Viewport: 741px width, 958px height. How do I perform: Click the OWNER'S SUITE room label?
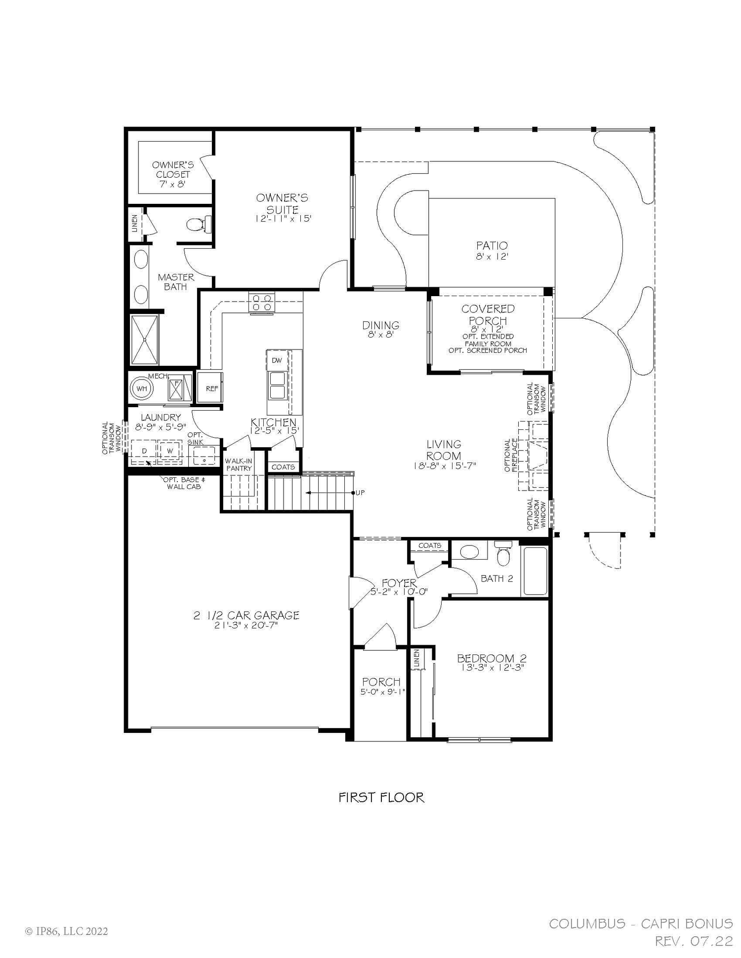point(282,203)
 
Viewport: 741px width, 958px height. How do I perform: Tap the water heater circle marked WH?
point(142,388)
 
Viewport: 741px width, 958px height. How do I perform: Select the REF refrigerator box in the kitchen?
point(211,388)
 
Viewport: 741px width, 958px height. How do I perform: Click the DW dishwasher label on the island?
point(277,360)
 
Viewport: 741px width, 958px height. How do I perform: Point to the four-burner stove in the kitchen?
point(262,302)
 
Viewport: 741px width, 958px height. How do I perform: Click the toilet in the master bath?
point(198,225)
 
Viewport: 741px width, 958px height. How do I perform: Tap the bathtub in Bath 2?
point(535,572)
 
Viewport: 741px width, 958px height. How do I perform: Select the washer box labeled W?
point(170,451)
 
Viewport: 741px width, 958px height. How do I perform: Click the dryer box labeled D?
point(144,451)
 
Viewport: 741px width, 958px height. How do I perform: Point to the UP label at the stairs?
point(360,493)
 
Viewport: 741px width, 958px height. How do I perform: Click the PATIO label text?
point(492,245)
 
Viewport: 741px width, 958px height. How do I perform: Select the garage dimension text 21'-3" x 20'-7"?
point(246,625)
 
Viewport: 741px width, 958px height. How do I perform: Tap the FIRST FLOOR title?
point(381,797)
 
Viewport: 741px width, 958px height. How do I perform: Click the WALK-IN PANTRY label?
point(239,464)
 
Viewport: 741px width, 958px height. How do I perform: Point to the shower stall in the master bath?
point(144,339)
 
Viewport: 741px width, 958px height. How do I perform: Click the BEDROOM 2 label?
point(491,658)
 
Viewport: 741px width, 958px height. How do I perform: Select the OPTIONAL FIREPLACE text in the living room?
point(510,455)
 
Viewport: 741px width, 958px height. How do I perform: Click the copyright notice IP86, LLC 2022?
point(66,931)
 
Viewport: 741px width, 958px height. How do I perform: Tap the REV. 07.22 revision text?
point(693,941)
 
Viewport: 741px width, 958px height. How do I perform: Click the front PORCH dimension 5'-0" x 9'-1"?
point(382,692)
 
